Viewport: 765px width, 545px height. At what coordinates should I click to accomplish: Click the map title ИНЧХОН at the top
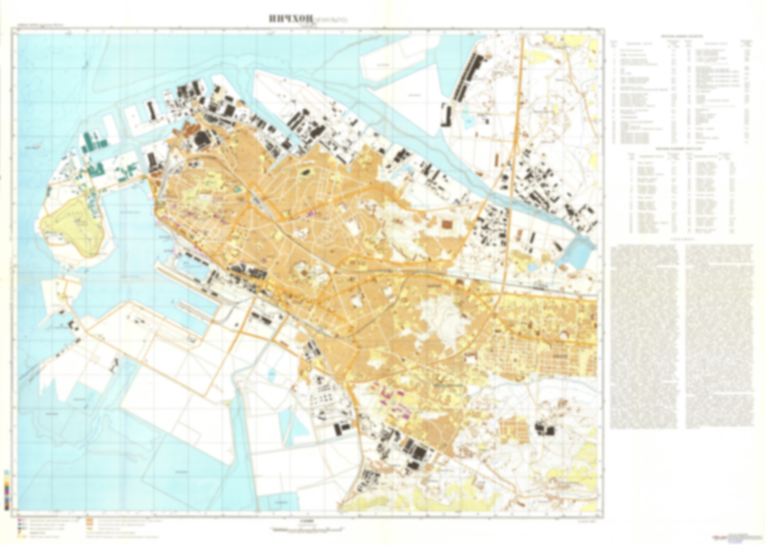click(291, 19)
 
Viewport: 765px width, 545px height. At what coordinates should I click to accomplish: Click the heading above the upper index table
click(681, 36)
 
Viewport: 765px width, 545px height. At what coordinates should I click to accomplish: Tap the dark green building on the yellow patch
click(306, 172)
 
